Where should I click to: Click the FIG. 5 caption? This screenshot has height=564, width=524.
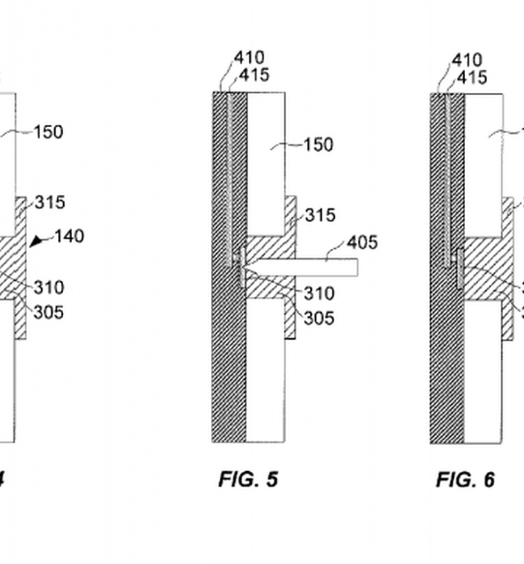(248, 480)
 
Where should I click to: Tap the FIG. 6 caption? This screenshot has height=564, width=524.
(465, 480)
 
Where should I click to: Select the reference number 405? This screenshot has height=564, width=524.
(362, 243)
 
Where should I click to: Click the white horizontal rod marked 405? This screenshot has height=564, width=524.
(313, 267)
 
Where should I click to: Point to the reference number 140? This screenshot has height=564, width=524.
(69, 237)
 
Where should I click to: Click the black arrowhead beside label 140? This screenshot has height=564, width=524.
(37, 240)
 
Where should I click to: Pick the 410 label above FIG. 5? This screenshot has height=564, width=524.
(249, 58)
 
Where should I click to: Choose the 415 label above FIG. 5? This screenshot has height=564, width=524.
(254, 75)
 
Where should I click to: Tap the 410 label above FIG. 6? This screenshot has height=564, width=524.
(467, 61)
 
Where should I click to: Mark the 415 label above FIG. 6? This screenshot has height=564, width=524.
(472, 77)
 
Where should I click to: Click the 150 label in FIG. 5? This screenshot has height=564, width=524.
(318, 145)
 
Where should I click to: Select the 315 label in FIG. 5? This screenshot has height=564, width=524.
(320, 215)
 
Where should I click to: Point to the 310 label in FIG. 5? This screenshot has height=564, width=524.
(319, 294)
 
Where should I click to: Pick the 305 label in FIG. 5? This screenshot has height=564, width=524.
(319, 318)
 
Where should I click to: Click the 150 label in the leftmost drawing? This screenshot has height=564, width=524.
(49, 132)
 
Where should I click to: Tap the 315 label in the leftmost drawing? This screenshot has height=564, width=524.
(50, 203)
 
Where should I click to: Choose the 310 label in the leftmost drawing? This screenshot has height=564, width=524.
(49, 288)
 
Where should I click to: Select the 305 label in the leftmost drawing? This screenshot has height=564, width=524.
(49, 313)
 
